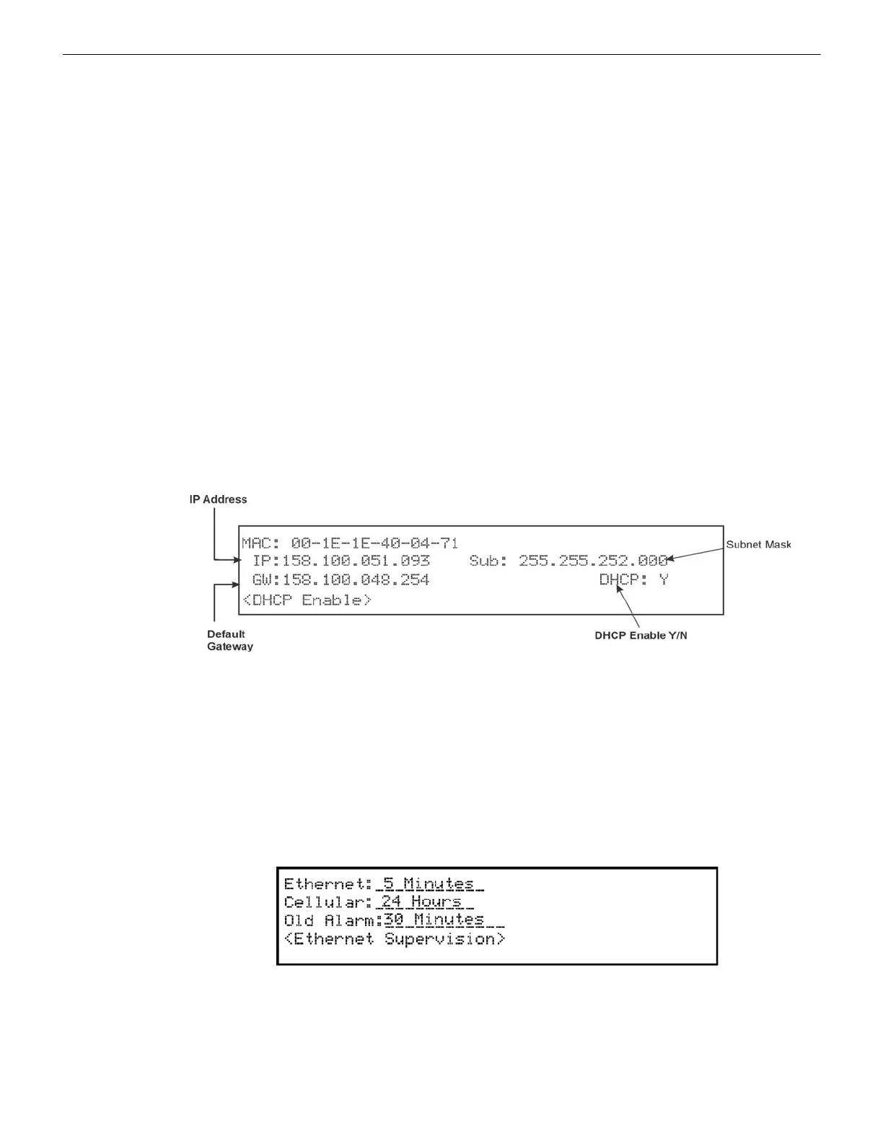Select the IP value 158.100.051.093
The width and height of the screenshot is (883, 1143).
pyautogui.click(x=356, y=561)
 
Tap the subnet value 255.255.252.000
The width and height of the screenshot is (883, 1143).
pyautogui.click(x=592, y=561)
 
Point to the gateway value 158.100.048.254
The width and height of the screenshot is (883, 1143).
pyautogui.click(x=356, y=579)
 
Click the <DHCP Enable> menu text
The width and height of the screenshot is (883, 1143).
pyautogui.click(x=307, y=600)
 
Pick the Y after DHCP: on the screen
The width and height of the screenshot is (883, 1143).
pyautogui.click(x=664, y=579)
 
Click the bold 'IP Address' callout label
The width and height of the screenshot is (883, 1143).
pyautogui.click(x=218, y=499)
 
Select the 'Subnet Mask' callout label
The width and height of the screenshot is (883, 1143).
pyautogui.click(x=758, y=545)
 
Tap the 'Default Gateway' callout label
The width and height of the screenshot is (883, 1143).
pyautogui.click(x=229, y=640)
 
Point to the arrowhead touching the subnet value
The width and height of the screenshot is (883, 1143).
pyautogui.click(x=671, y=558)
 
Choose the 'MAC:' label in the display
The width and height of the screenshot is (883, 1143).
pyautogui.click(x=262, y=543)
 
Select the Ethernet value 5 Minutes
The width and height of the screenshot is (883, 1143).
pyautogui.click(x=429, y=883)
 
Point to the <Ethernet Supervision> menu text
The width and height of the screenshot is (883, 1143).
pyautogui.click(x=395, y=938)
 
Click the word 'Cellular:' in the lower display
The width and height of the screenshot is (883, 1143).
pyautogui.click(x=328, y=902)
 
